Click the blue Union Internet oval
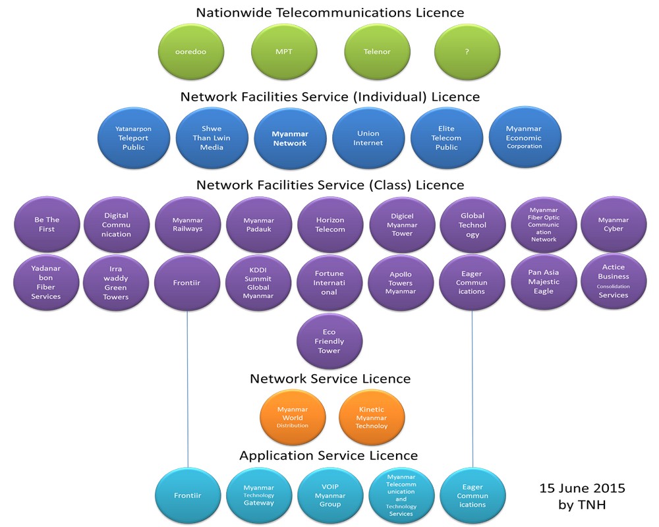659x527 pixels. coord(368,138)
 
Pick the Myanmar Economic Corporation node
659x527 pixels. coord(524,138)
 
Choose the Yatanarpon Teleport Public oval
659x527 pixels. coord(133,138)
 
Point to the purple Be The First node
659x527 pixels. coord(45,225)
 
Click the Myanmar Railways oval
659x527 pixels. coord(187,225)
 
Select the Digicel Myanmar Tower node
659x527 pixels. coord(402,225)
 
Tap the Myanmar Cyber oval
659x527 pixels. coord(613,225)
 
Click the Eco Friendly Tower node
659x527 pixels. coord(329,341)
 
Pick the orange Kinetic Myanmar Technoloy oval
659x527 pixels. coord(372,418)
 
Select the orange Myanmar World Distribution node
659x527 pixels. coord(293,418)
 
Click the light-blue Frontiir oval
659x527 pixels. coord(187,495)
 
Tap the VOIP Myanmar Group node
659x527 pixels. coord(329,495)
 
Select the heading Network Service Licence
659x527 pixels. coord(329,379)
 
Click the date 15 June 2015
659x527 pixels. coord(582,488)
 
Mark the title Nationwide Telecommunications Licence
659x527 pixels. coord(329,13)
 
